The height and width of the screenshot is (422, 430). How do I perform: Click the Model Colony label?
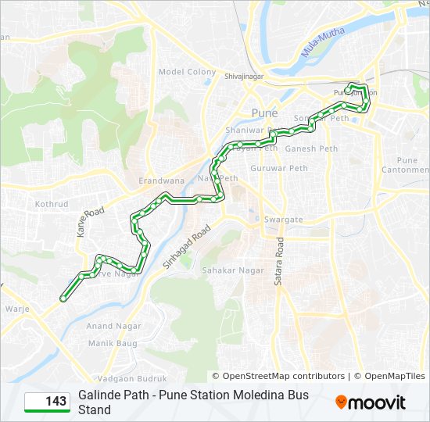[x=187, y=72]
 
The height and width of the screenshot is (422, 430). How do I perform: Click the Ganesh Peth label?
[x=311, y=148]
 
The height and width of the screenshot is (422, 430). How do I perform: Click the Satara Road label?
[x=278, y=262]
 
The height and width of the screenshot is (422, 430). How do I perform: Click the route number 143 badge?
[x=46, y=402]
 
